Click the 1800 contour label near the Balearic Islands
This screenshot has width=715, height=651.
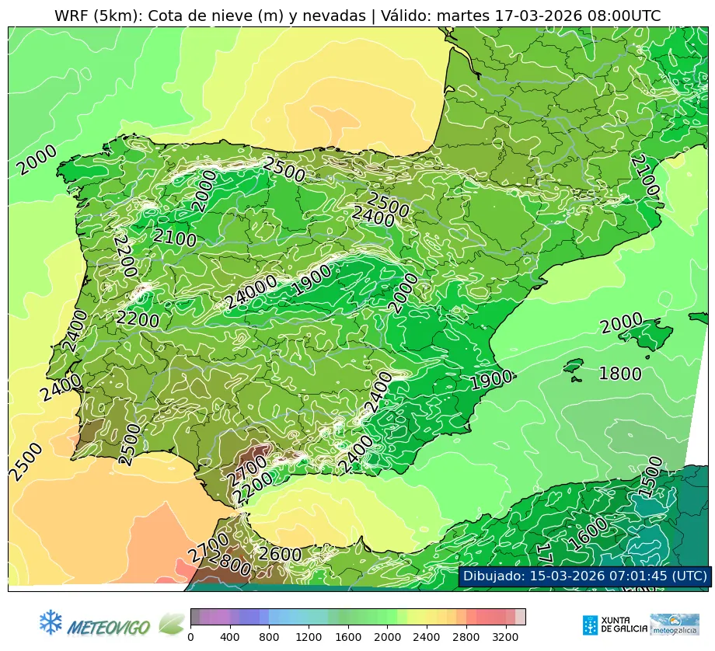tap(619, 374)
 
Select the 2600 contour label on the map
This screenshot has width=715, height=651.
tap(280, 554)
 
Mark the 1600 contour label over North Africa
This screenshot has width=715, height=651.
tap(588, 534)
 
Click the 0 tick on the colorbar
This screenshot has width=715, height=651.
tap(190, 637)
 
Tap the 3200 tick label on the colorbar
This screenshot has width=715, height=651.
tap(505, 637)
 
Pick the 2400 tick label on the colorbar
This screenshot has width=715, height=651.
tap(426, 637)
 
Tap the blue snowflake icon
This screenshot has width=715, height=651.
tap(51, 622)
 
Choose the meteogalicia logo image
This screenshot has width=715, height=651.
tap(674, 625)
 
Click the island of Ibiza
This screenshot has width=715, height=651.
tap(574, 366)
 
